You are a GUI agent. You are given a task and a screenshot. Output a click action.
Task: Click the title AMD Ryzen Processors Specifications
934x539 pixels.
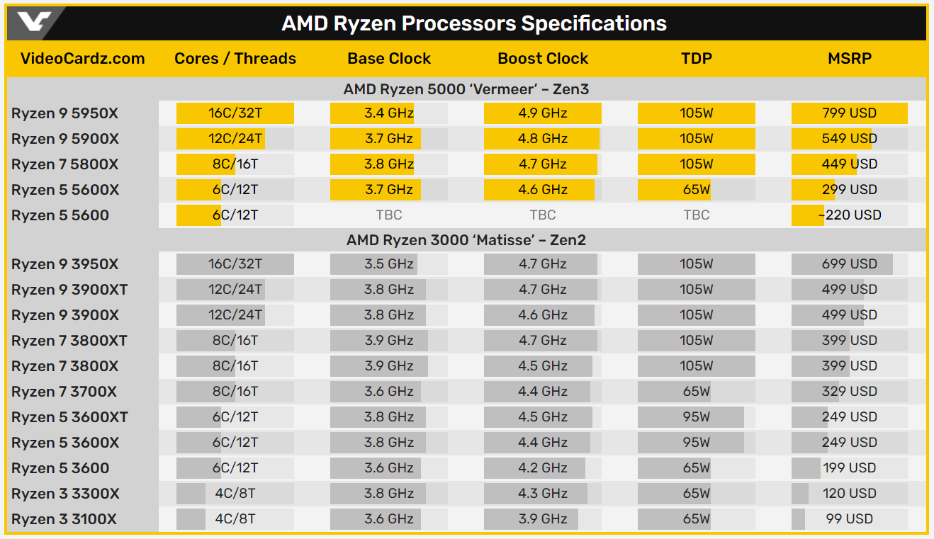coord(474,23)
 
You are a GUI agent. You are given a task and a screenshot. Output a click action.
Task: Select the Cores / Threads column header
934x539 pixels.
coord(235,59)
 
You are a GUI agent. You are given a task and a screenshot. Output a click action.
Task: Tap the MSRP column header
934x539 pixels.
coord(849,59)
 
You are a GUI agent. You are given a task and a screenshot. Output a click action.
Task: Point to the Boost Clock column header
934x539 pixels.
coord(543,59)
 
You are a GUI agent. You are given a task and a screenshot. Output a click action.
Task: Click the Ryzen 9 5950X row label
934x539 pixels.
coord(65,113)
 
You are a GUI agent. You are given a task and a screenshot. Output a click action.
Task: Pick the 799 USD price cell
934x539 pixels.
coord(849,113)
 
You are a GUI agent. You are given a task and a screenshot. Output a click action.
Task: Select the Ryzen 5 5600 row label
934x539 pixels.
coord(60,215)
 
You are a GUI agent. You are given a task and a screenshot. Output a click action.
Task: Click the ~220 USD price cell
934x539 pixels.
coord(849,215)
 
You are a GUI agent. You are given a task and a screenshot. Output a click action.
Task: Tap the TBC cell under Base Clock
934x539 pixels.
coord(389,215)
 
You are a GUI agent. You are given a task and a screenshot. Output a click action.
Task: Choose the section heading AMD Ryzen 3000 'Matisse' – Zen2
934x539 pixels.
coord(466,240)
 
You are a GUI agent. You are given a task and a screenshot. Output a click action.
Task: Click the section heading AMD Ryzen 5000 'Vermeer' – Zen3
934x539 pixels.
coord(466,89)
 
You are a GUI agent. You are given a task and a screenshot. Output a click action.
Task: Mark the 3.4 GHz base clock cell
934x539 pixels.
coord(389,113)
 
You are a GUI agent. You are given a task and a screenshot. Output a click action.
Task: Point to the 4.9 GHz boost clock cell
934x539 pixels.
coord(543,113)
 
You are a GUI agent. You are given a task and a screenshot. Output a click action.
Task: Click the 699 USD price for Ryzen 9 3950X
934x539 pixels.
coord(849,264)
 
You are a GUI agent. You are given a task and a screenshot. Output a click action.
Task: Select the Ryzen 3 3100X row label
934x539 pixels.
coord(64,519)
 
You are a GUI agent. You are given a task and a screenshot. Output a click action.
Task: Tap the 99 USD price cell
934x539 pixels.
coord(849,519)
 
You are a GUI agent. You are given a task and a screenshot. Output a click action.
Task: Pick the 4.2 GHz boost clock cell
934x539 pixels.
coord(543,468)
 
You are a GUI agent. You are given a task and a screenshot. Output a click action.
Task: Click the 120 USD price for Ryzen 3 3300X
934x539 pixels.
coord(849,494)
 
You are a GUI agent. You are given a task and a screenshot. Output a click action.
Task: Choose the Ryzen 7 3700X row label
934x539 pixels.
coord(64,392)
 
